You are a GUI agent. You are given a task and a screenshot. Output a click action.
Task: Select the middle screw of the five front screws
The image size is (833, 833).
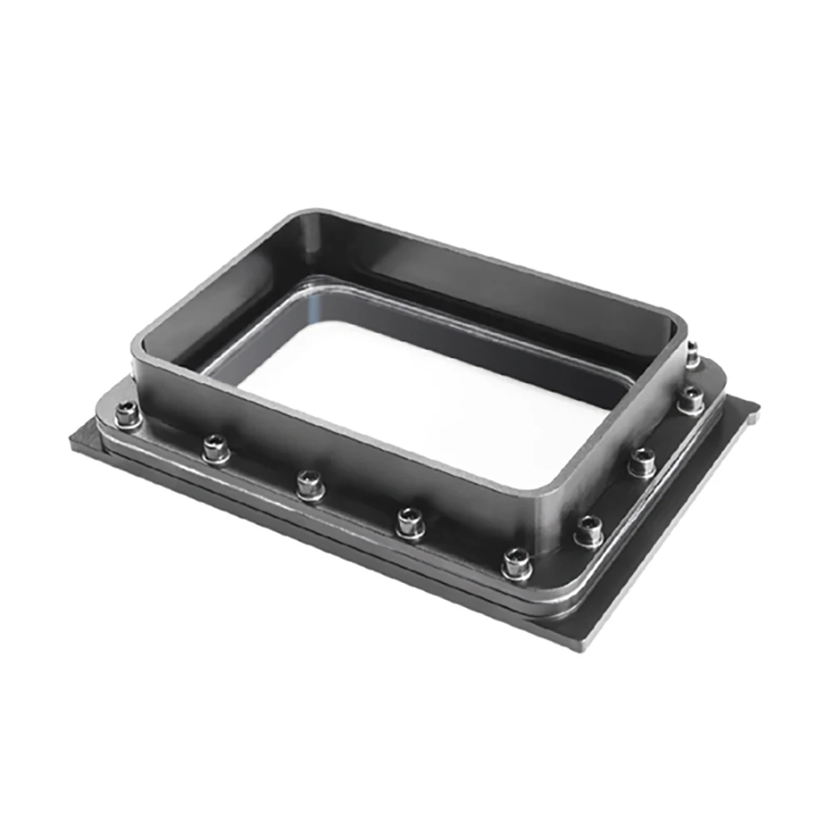310,482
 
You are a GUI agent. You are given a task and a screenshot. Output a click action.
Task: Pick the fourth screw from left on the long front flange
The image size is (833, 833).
409,522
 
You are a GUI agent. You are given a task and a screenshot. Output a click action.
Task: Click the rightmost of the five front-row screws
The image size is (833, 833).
516,563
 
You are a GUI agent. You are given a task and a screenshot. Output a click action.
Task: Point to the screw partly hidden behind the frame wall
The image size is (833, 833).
693,353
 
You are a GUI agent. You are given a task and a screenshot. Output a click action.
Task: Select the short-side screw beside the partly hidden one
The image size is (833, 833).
691,400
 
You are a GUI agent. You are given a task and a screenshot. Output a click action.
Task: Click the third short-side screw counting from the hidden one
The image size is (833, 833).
641,461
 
